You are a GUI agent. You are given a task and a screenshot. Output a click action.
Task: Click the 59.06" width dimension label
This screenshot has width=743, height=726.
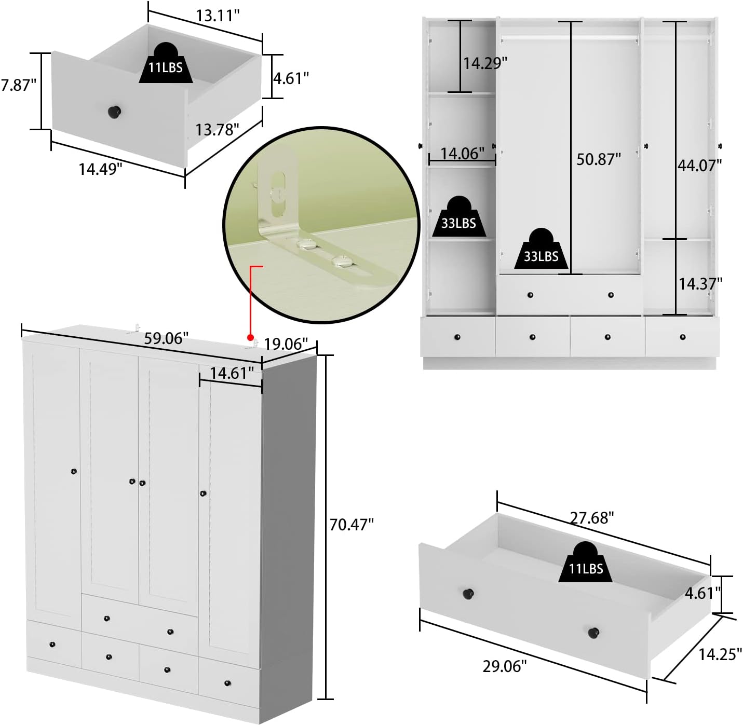click(166, 338)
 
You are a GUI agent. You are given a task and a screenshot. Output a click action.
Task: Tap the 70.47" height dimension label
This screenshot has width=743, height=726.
click(352, 525)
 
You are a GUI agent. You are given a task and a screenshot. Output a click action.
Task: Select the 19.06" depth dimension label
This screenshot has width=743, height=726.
click(286, 344)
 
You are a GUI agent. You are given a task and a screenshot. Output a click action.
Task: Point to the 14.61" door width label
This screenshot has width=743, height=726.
click(232, 373)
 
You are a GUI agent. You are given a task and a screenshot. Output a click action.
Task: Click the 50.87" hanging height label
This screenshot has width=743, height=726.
click(599, 159)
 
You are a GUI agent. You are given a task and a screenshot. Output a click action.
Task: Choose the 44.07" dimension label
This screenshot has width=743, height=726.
click(700, 165)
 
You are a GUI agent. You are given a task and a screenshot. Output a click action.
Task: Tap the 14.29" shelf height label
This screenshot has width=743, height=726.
click(485, 63)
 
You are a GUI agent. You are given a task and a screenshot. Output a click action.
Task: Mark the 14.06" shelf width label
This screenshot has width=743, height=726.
click(463, 154)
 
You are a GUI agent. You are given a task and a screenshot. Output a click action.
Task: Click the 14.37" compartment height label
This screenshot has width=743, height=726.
click(700, 284)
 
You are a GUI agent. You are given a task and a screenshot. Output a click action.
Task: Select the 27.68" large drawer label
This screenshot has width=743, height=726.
click(592, 518)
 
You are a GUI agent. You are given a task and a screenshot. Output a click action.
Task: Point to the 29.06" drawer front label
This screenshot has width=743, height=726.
click(504, 666)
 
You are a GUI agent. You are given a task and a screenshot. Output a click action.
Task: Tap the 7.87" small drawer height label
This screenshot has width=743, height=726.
click(18, 85)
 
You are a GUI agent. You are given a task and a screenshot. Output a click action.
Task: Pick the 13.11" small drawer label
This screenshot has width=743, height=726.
click(218, 16)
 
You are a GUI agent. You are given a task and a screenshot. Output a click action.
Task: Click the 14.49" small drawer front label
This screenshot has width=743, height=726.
click(100, 169)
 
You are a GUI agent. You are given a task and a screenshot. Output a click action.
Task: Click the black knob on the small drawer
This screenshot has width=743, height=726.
click(114, 112)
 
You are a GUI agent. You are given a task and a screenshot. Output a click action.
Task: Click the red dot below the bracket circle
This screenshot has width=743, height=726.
click(250, 337)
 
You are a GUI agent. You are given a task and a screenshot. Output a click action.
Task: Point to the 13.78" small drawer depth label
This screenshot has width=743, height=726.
click(217, 130)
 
